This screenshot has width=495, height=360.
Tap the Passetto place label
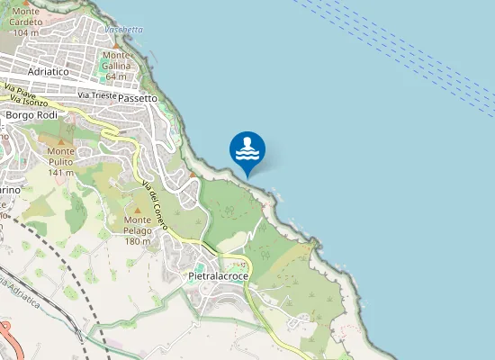pyautogui.click(x=137, y=97)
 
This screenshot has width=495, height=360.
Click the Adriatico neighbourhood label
pyautogui.click(x=49, y=70)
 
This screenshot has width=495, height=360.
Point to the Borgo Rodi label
pyautogui.click(x=31, y=115)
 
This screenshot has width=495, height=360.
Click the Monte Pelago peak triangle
pyautogui.click(x=138, y=209)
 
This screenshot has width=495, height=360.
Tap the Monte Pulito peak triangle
pyautogui.click(x=61, y=141)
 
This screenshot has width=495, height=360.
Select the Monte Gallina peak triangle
pyautogui.click(x=116, y=45)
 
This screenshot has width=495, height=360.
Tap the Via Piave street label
pyautogui.click(x=19, y=90)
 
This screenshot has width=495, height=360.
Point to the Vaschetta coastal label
pyautogui.click(x=123, y=29)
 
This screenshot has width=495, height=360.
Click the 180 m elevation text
pyautogui.click(x=138, y=241)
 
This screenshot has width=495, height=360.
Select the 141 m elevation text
pyautogui.click(x=61, y=173)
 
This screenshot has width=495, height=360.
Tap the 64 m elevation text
pyautogui.click(x=117, y=76)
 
